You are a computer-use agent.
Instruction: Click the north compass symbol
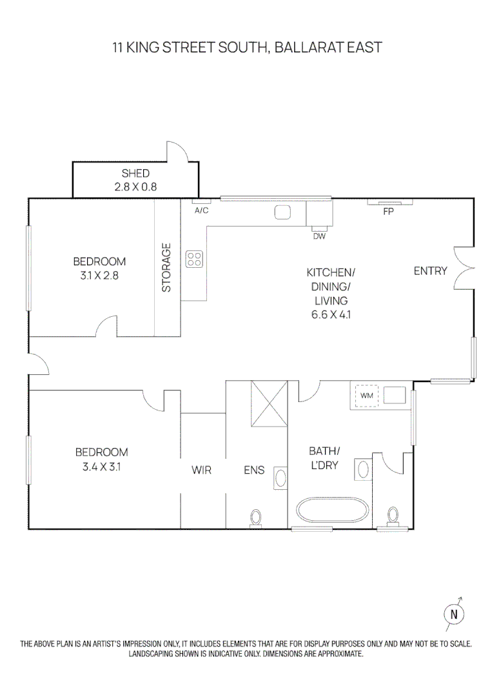[x=454, y=614]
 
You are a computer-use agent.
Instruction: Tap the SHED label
[x=135, y=173]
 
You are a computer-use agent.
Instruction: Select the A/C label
[x=201, y=210]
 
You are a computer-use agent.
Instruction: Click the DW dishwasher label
[x=319, y=236]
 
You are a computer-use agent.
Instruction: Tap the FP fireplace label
[x=388, y=212]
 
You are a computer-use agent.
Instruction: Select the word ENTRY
[x=430, y=271]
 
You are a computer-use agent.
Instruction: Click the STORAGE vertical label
[x=167, y=267]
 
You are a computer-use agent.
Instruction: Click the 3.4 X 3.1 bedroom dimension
[x=101, y=465]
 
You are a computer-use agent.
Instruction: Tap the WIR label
[x=202, y=470]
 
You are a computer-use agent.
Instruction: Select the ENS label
[x=254, y=470]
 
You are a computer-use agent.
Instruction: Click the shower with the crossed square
[x=268, y=403]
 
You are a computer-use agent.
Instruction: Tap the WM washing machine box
[x=367, y=395]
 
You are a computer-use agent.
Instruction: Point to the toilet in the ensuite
[x=257, y=518]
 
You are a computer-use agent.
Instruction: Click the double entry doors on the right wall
[x=465, y=268]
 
